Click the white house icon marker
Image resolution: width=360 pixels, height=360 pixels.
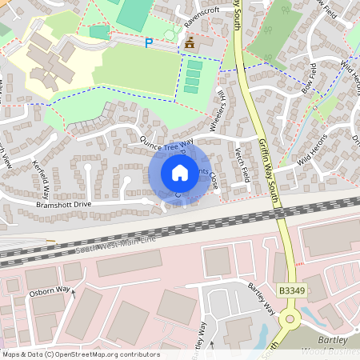[x=180, y=173]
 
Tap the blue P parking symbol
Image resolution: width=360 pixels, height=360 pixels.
[x=149, y=43]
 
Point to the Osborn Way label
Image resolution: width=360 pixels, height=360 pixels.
[x=51, y=291]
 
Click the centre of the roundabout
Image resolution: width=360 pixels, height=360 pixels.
[x=290, y=322]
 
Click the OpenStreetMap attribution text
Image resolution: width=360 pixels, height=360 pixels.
[x=80, y=354]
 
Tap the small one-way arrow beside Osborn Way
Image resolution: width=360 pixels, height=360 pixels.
[x=74, y=293]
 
